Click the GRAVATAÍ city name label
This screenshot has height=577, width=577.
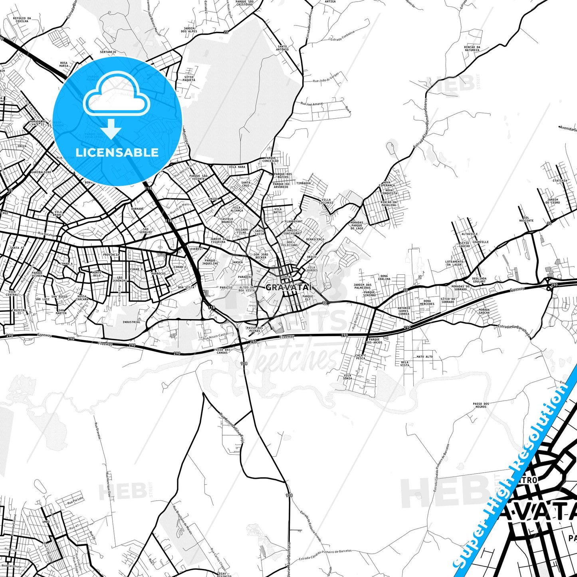(289, 287)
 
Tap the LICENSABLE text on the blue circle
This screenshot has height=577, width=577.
(117, 152)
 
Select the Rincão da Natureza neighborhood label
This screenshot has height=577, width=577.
(472, 49)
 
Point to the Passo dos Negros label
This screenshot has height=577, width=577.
(481, 405)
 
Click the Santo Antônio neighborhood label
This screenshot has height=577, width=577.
(282, 48)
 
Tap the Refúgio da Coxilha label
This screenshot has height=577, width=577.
(22, 20)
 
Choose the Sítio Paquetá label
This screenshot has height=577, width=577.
(189, 78)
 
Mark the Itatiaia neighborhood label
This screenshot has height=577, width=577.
(559, 180)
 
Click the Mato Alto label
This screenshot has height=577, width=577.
(424, 357)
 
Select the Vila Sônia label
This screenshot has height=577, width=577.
(347, 377)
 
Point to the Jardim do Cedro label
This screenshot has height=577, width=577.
(553, 201)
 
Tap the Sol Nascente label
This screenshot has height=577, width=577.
(526, 219)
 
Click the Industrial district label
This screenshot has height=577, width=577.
(131, 322)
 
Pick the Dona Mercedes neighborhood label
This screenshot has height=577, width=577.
(427, 302)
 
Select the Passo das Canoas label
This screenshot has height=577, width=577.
(222, 351)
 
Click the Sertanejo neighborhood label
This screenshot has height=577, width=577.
(108, 52)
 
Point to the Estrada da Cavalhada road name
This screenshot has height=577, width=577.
(514, 331)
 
